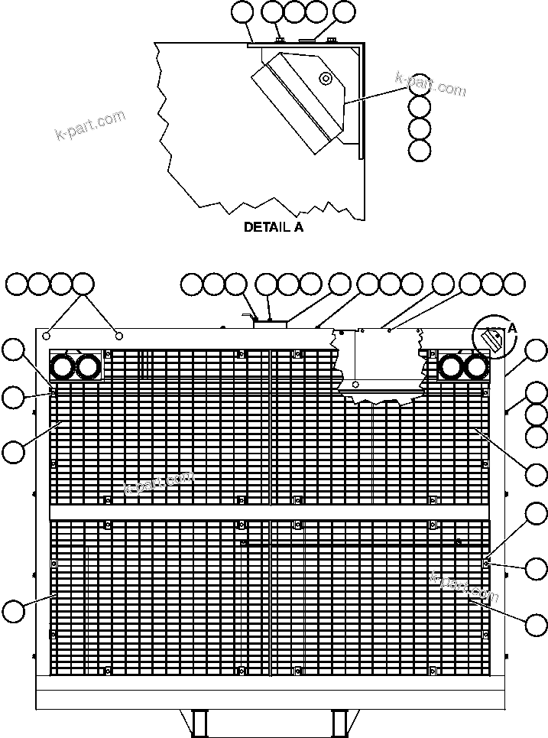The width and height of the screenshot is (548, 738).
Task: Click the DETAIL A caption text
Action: point(273,227)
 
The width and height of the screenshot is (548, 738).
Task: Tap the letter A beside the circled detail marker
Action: point(511,327)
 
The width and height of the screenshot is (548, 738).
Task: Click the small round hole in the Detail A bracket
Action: point(326,78)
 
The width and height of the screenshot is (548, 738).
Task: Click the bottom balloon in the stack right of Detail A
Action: point(420,150)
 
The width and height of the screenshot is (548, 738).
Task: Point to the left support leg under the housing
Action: point(200,723)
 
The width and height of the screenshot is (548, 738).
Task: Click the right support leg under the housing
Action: point(339,723)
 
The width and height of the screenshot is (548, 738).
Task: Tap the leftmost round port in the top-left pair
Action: point(62,368)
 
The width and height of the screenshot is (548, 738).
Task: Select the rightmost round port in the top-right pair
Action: point(476,368)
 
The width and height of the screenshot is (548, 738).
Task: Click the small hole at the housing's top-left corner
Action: point(47,335)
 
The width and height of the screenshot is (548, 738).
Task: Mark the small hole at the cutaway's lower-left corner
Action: point(355,384)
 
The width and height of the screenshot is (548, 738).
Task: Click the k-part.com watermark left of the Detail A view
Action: point(90,126)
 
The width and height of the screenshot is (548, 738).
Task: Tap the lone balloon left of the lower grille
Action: point(13,611)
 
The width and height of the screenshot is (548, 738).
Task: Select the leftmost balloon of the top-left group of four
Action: point(16,284)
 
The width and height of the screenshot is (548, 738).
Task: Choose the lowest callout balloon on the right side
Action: point(537,625)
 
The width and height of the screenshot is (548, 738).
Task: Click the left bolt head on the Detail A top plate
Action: point(280,39)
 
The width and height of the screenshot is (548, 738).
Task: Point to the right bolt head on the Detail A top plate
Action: point(331,39)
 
